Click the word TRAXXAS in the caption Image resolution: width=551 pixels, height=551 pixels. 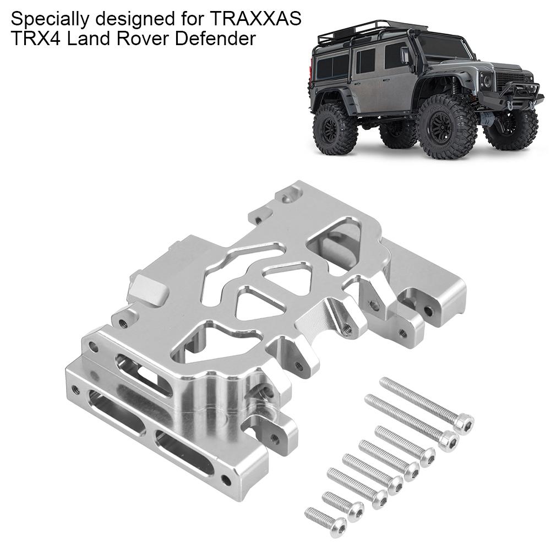[x=255, y=20]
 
